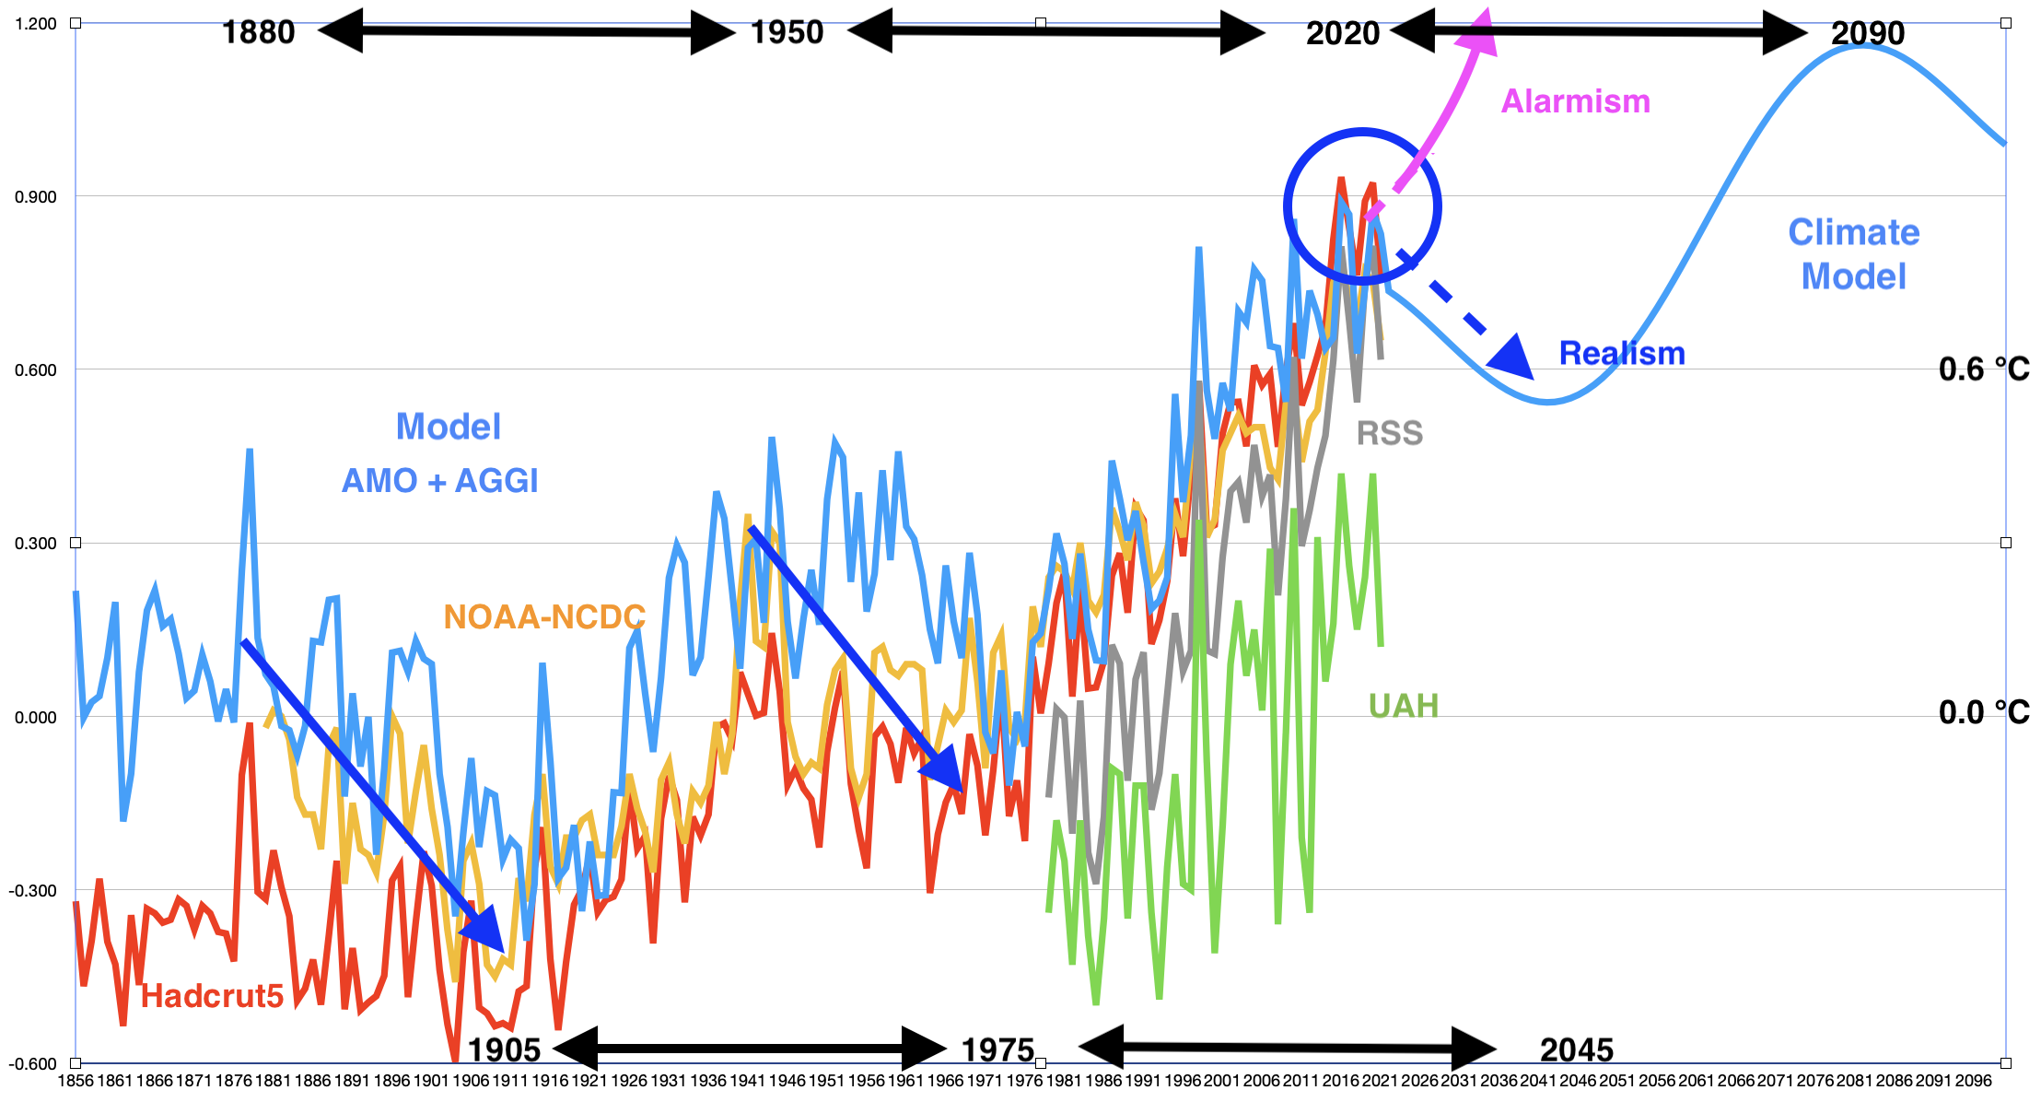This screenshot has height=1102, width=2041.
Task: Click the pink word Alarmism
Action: tap(1575, 101)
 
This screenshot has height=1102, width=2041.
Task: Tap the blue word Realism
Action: tap(1621, 354)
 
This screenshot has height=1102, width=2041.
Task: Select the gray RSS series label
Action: tap(1389, 433)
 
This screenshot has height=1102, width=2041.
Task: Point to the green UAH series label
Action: tap(1403, 707)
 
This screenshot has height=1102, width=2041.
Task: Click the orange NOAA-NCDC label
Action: tap(543, 617)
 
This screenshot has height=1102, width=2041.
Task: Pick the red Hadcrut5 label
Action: tap(212, 996)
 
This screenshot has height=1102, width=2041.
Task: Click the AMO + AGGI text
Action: tap(439, 481)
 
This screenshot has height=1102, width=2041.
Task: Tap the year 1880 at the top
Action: tap(258, 33)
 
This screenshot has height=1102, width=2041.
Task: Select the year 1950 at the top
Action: tap(787, 33)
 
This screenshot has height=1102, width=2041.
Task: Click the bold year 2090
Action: tap(1867, 33)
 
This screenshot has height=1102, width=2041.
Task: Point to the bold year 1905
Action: tap(504, 1050)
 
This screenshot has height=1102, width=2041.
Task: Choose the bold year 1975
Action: tap(997, 1050)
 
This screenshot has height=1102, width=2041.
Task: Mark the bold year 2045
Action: tap(1576, 1050)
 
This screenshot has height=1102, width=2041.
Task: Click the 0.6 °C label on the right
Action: tap(1983, 369)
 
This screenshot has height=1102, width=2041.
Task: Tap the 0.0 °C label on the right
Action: tap(1983, 712)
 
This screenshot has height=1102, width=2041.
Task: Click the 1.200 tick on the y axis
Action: tap(36, 24)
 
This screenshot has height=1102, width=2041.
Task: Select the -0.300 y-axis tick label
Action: tap(33, 891)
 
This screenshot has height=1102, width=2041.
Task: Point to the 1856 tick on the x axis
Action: tap(76, 1081)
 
